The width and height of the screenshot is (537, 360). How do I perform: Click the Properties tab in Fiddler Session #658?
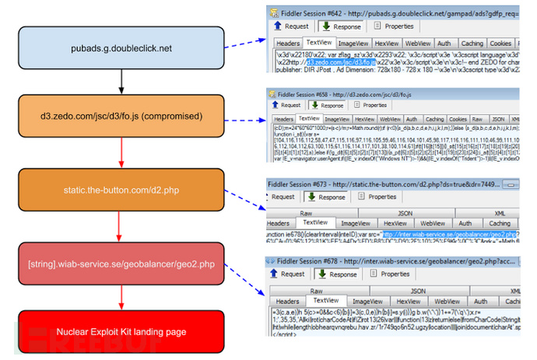click(374, 105)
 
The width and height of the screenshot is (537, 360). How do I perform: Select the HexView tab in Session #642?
click(386, 44)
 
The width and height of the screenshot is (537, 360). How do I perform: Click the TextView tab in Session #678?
click(325, 300)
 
